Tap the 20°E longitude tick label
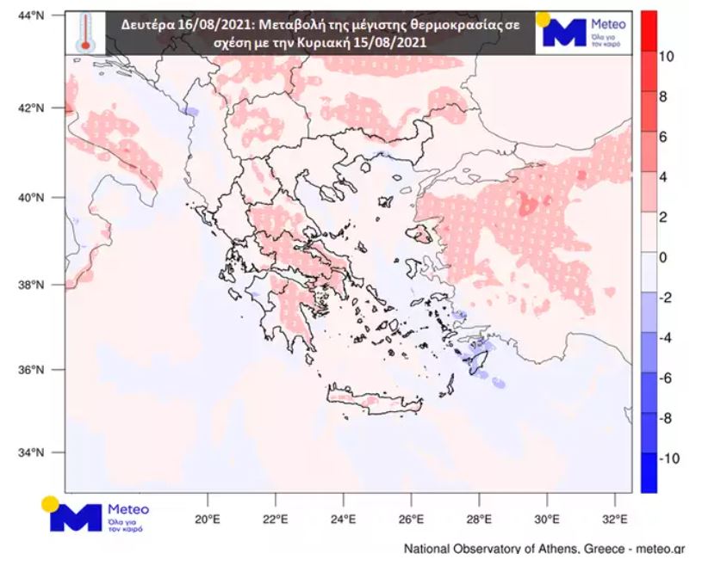click(x=208, y=520)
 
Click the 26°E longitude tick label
click(x=411, y=520)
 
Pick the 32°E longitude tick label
click(x=615, y=520)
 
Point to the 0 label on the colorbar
click(x=662, y=257)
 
